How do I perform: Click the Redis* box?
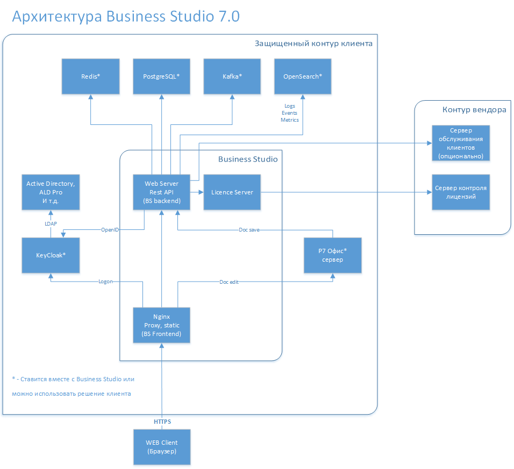pos(90,76)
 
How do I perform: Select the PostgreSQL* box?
pos(161,76)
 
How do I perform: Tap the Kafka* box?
pos(232,76)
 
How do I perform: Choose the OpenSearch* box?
pos(303,76)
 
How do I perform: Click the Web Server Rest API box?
pos(161,192)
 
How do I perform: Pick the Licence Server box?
pos(232,192)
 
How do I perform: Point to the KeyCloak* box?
pos(51,255)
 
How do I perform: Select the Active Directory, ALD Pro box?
pos(51,192)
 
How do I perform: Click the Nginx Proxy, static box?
pos(162,325)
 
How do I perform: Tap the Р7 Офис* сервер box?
pos(332,255)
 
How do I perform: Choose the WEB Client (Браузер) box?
pos(162,446)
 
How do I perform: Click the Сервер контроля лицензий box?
pos(461,192)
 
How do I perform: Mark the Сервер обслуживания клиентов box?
pos(461,143)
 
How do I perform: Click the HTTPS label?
pos(162,421)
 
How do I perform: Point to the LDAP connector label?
pos(51,223)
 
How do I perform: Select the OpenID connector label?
pos(110,230)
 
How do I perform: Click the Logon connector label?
pos(105,282)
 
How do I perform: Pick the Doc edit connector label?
pos(229,282)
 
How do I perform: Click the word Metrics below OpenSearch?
pos(290,120)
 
